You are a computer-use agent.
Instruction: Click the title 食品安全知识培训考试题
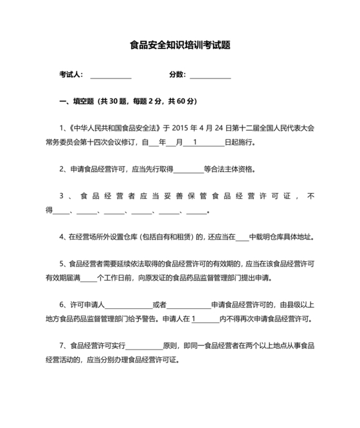click(180, 45)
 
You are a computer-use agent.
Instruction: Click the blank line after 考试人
click(111, 76)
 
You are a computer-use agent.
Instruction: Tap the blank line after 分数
click(210, 76)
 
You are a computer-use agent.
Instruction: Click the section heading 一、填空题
click(75, 102)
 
